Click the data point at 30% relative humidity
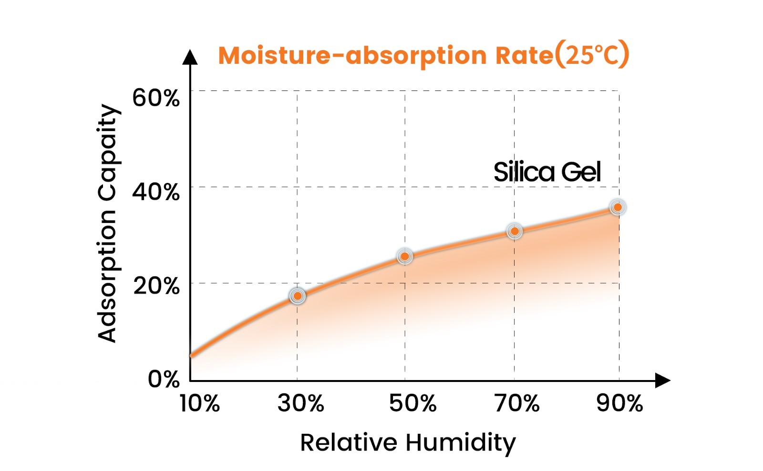(x=298, y=296)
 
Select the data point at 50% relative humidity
(x=405, y=256)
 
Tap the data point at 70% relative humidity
(x=514, y=231)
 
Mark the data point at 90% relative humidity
(x=618, y=207)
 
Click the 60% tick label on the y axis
(x=155, y=98)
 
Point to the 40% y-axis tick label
(x=155, y=192)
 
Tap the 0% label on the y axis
(x=164, y=379)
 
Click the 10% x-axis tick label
(x=199, y=403)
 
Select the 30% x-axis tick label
(x=301, y=403)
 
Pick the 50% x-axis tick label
(x=412, y=403)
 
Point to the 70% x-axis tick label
(x=517, y=403)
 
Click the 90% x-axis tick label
(x=619, y=403)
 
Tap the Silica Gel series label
(x=547, y=172)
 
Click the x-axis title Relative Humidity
(x=408, y=443)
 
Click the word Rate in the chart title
(x=524, y=55)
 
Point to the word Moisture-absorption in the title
(x=352, y=55)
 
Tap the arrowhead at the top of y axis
(x=190, y=57)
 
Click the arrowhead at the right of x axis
(x=662, y=381)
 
